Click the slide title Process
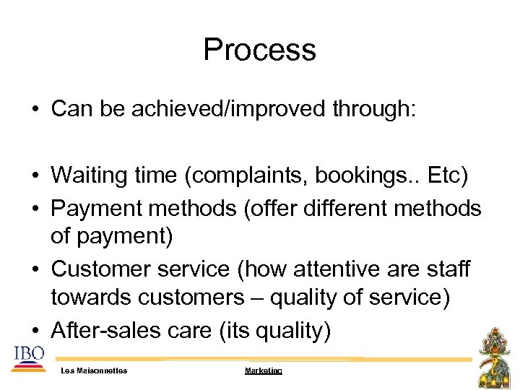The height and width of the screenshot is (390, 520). (259, 50)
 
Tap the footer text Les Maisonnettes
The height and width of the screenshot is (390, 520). (95, 370)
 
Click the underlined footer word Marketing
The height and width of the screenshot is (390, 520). (264, 370)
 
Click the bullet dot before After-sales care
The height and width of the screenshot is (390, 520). (35, 331)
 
